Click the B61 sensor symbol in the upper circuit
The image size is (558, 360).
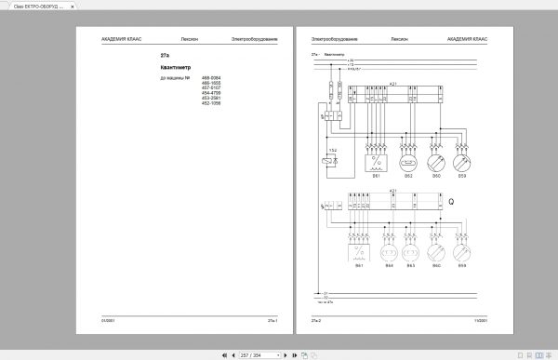[377, 161]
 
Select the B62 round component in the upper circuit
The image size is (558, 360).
[405, 161]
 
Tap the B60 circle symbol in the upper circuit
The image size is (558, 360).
[433, 161]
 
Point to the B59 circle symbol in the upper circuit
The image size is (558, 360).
[461, 161]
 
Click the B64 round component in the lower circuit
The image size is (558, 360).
[390, 253]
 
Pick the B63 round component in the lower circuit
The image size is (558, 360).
[412, 253]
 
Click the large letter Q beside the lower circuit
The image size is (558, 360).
[451, 201]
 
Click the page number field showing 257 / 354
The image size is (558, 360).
[250, 354]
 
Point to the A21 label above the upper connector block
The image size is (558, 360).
[393, 84]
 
